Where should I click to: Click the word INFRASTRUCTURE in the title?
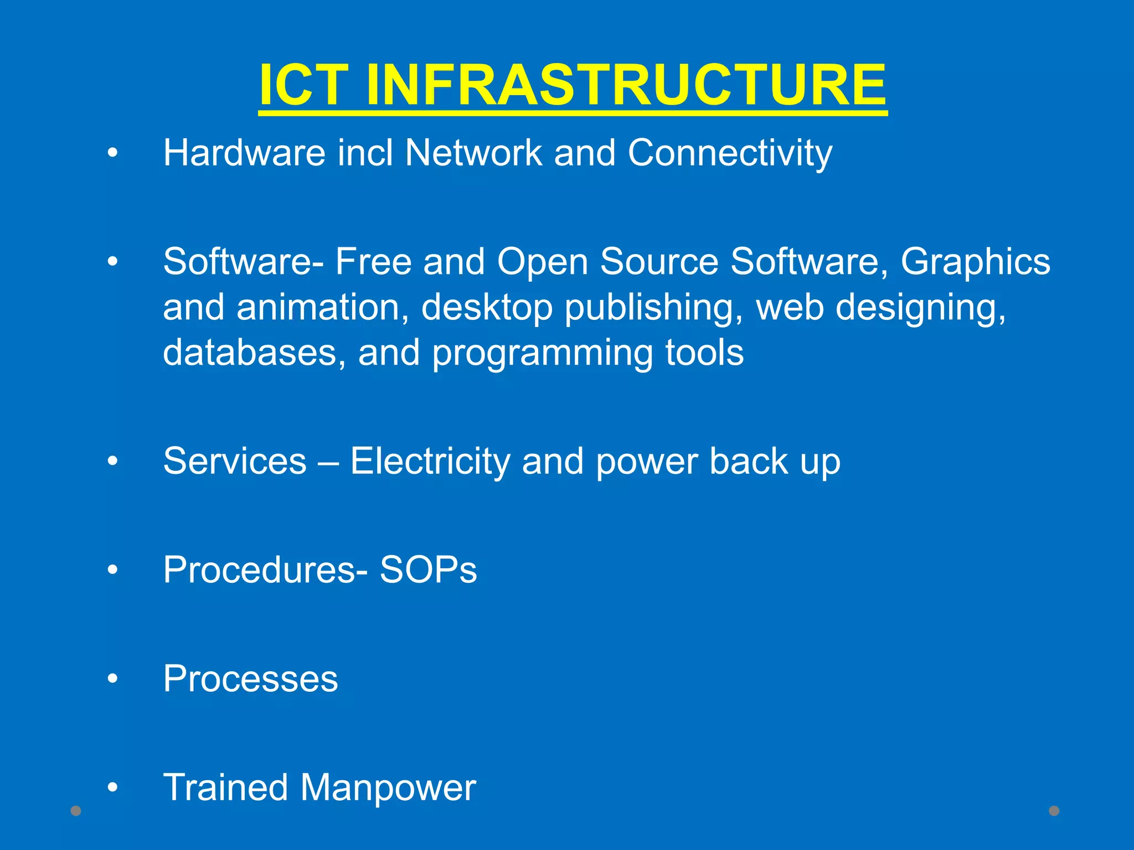pos(626,85)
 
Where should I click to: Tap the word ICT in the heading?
pos(303,85)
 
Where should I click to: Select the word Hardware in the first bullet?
pos(244,153)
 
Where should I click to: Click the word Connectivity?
pos(730,153)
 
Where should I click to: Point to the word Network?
pos(473,153)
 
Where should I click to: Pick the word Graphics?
pos(975,262)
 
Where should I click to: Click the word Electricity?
pos(430,462)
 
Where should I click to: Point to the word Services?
pos(235,461)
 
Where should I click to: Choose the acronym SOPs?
pos(428,570)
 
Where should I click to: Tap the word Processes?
pos(250,679)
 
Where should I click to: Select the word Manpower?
pos(388,788)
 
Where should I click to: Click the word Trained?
pos(225,787)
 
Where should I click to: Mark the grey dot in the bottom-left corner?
pos(76,811)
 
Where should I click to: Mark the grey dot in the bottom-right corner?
pos(1054,811)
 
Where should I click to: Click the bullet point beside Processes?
pos(113,678)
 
